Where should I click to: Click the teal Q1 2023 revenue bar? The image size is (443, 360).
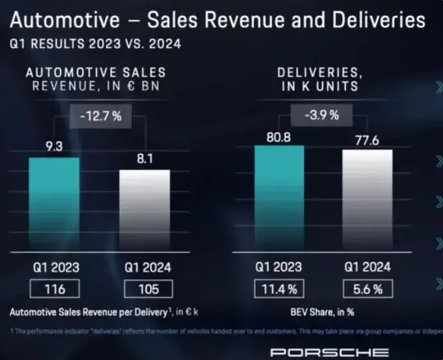(54, 202)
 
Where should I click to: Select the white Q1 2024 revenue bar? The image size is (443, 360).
(145, 209)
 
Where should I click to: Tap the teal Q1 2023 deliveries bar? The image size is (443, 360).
(279, 196)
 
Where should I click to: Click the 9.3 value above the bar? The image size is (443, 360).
(54, 147)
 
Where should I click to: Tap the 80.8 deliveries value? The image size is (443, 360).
(279, 136)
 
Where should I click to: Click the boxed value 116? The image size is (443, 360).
(54, 289)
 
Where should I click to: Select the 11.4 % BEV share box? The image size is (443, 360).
(280, 289)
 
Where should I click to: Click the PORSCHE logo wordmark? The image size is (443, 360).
(328, 352)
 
